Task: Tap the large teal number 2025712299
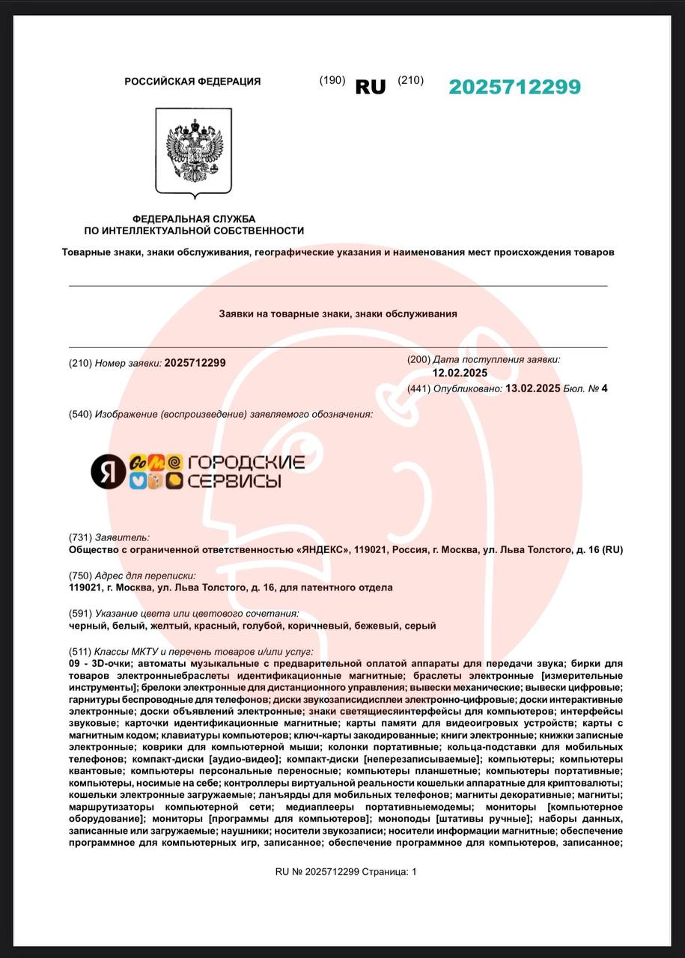tap(514, 88)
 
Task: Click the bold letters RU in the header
tap(371, 88)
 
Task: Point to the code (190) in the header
tap(332, 81)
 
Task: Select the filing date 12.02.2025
tap(460, 373)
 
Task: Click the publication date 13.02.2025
tap(533, 388)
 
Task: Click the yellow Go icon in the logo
tap(138, 463)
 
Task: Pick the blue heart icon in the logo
tap(138, 481)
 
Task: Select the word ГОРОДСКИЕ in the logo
tap(246, 463)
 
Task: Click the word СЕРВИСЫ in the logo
tap(234, 480)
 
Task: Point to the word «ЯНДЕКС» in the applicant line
tap(323, 550)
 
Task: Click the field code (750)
tap(80, 576)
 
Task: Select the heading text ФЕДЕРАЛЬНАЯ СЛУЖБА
tap(194, 219)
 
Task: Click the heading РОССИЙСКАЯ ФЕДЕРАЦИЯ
tap(192, 82)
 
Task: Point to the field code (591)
tap(80, 613)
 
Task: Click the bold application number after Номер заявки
tap(195, 363)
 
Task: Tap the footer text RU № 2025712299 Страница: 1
tap(346, 871)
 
